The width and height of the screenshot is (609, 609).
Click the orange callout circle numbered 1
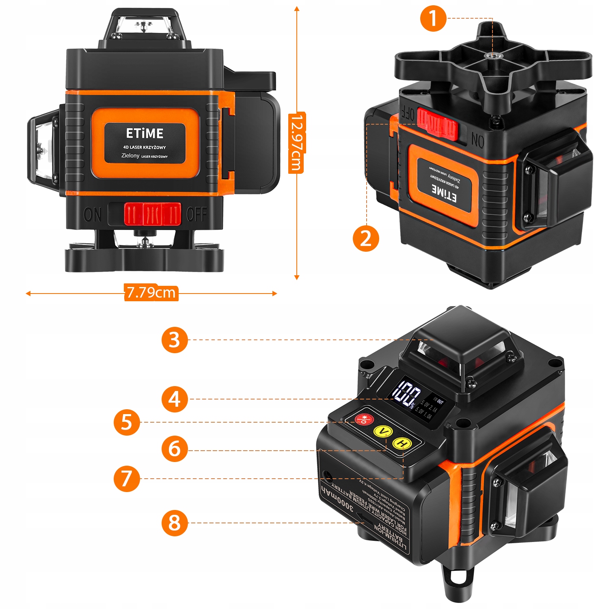[433, 19]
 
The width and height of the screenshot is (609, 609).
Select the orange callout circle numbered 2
[366, 238]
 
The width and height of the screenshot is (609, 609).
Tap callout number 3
[175, 340]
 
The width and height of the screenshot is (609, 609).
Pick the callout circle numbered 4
[175, 399]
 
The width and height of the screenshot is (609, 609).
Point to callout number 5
[127, 422]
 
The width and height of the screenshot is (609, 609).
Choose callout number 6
[175, 449]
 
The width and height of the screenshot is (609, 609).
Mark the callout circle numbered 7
[127, 479]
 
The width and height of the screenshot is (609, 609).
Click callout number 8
[175, 523]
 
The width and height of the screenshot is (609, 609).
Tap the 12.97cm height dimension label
[297, 143]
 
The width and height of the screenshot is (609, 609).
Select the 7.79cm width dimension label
[151, 293]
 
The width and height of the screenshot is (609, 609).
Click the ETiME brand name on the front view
[145, 134]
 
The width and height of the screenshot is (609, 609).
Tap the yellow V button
[382, 431]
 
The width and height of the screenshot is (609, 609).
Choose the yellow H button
[402, 443]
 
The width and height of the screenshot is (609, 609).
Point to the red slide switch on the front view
[152, 214]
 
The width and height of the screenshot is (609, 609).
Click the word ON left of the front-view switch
[93, 214]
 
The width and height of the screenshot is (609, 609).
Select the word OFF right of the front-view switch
[197, 214]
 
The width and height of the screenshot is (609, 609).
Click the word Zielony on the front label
[130, 155]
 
